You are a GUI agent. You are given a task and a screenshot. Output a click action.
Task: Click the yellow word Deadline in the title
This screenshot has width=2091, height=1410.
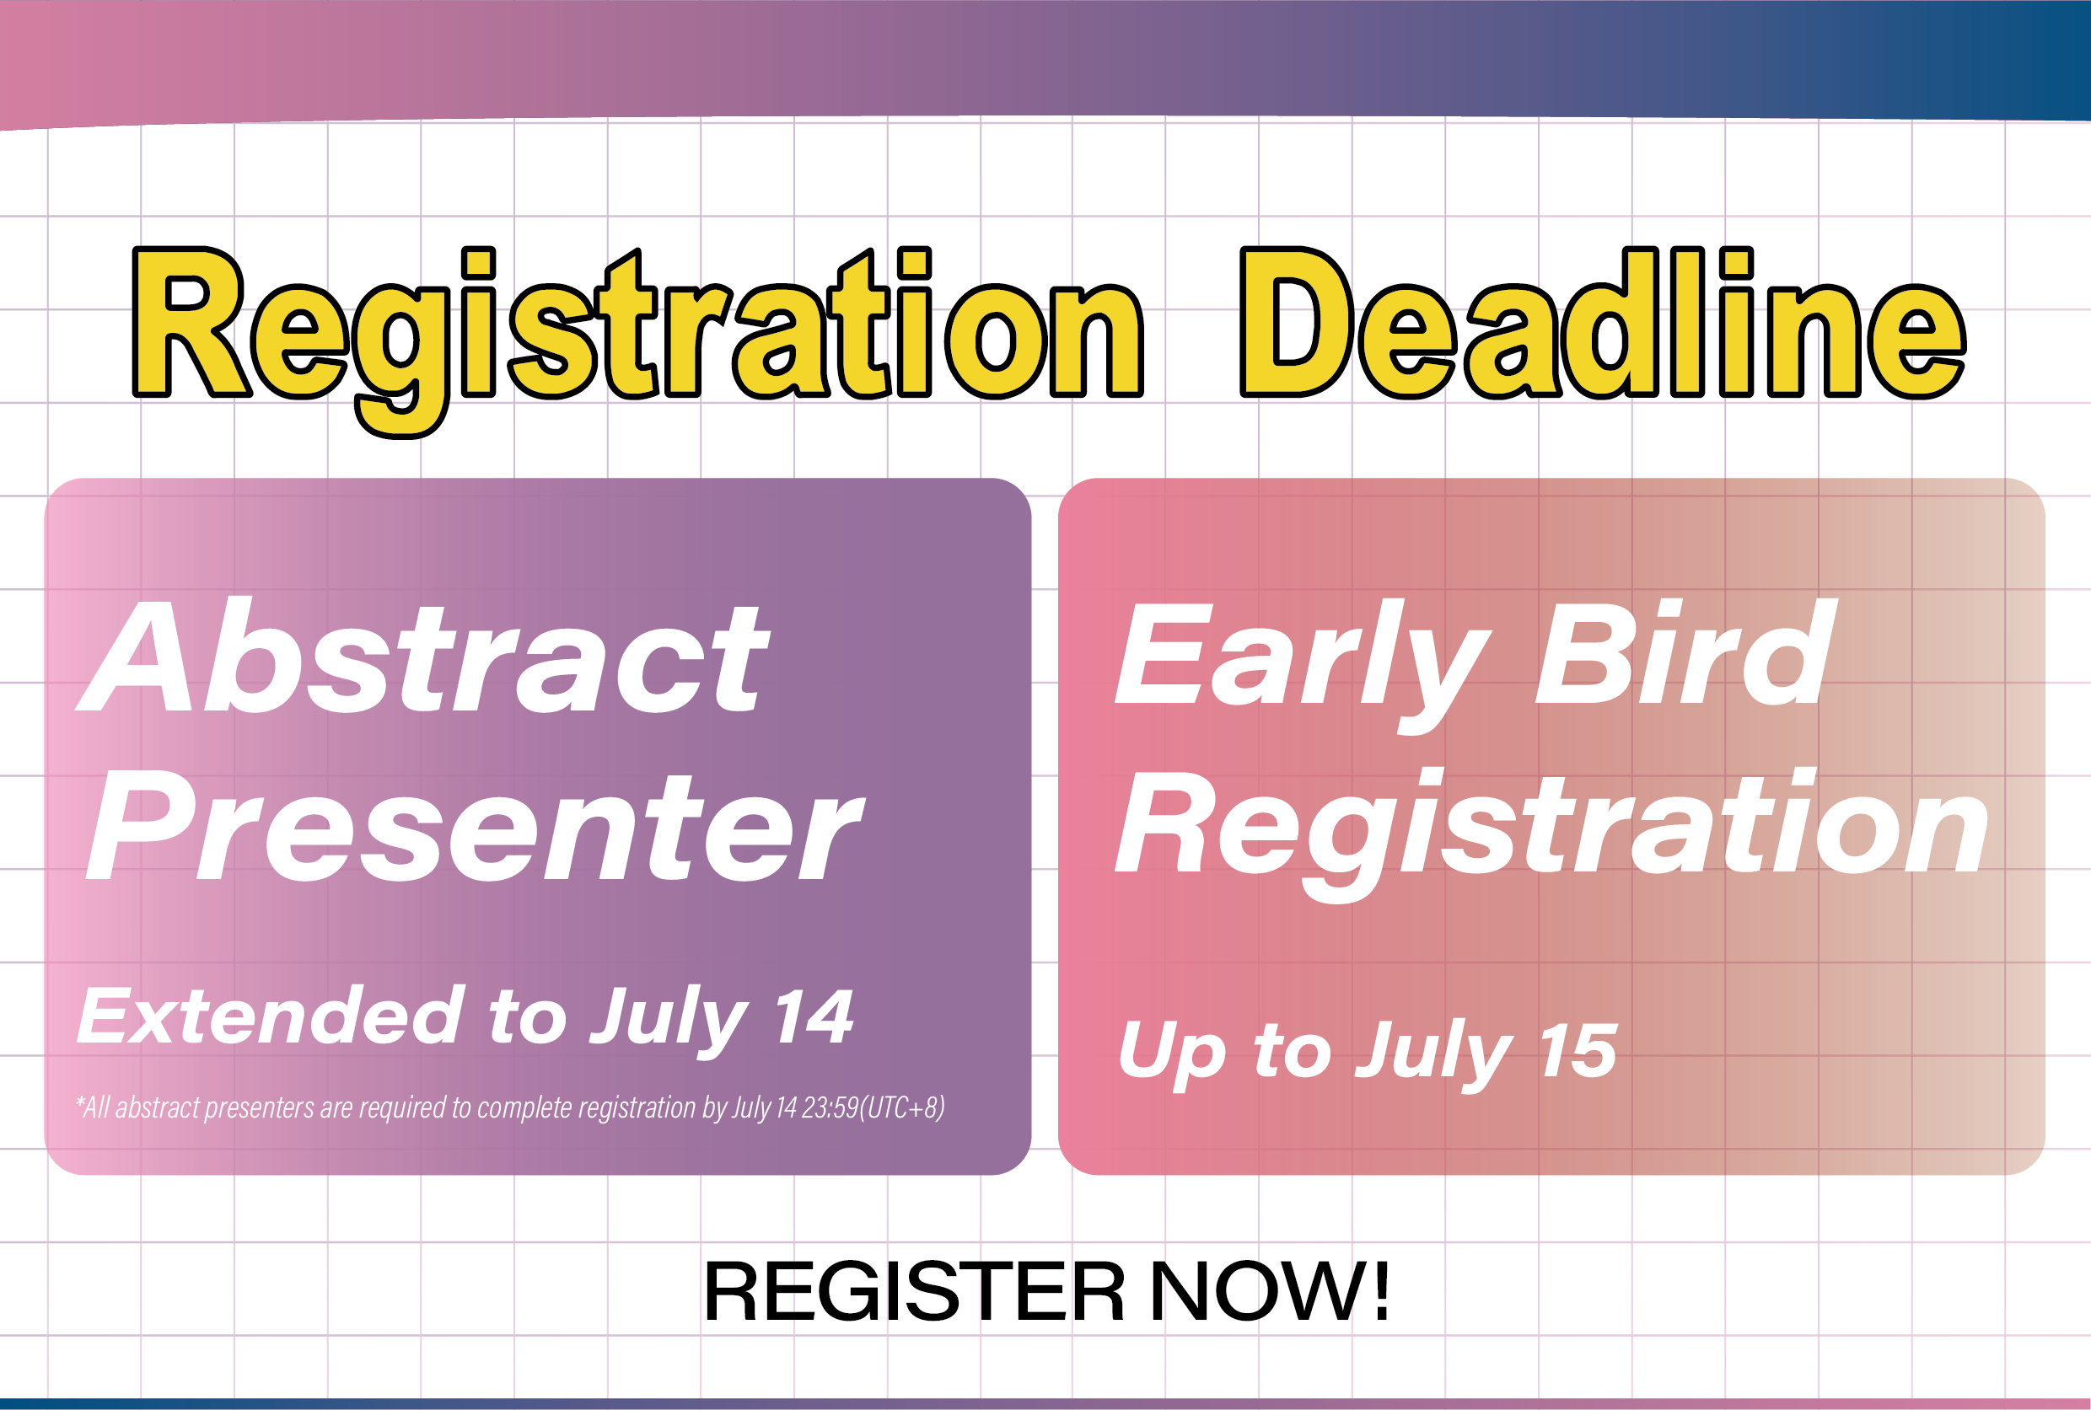(x=1603, y=322)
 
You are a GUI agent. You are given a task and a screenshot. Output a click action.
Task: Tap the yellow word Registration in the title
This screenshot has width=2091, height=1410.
(x=638, y=340)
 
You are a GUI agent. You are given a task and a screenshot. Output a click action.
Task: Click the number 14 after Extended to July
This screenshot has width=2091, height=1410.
(x=813, y=1016)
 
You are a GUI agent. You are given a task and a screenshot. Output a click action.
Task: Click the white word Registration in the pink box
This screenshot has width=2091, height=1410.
(x=1551, y=832)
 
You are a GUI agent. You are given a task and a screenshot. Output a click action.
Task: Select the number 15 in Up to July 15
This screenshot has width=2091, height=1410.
(x=1578, y=1050)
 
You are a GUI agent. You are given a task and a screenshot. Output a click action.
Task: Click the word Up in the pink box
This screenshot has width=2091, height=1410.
(x=1172, y=1055)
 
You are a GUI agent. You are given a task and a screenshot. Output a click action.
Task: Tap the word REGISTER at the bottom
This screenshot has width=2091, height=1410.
(x=914, y=1291)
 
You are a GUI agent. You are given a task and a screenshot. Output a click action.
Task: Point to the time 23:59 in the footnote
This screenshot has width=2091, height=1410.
(x=830, y=1107)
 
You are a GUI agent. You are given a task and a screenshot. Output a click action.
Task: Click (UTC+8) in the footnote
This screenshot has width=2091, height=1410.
(x=902, y=1107)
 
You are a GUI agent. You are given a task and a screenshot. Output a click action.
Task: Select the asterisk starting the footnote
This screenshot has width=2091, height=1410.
(x=81, y=1100)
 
